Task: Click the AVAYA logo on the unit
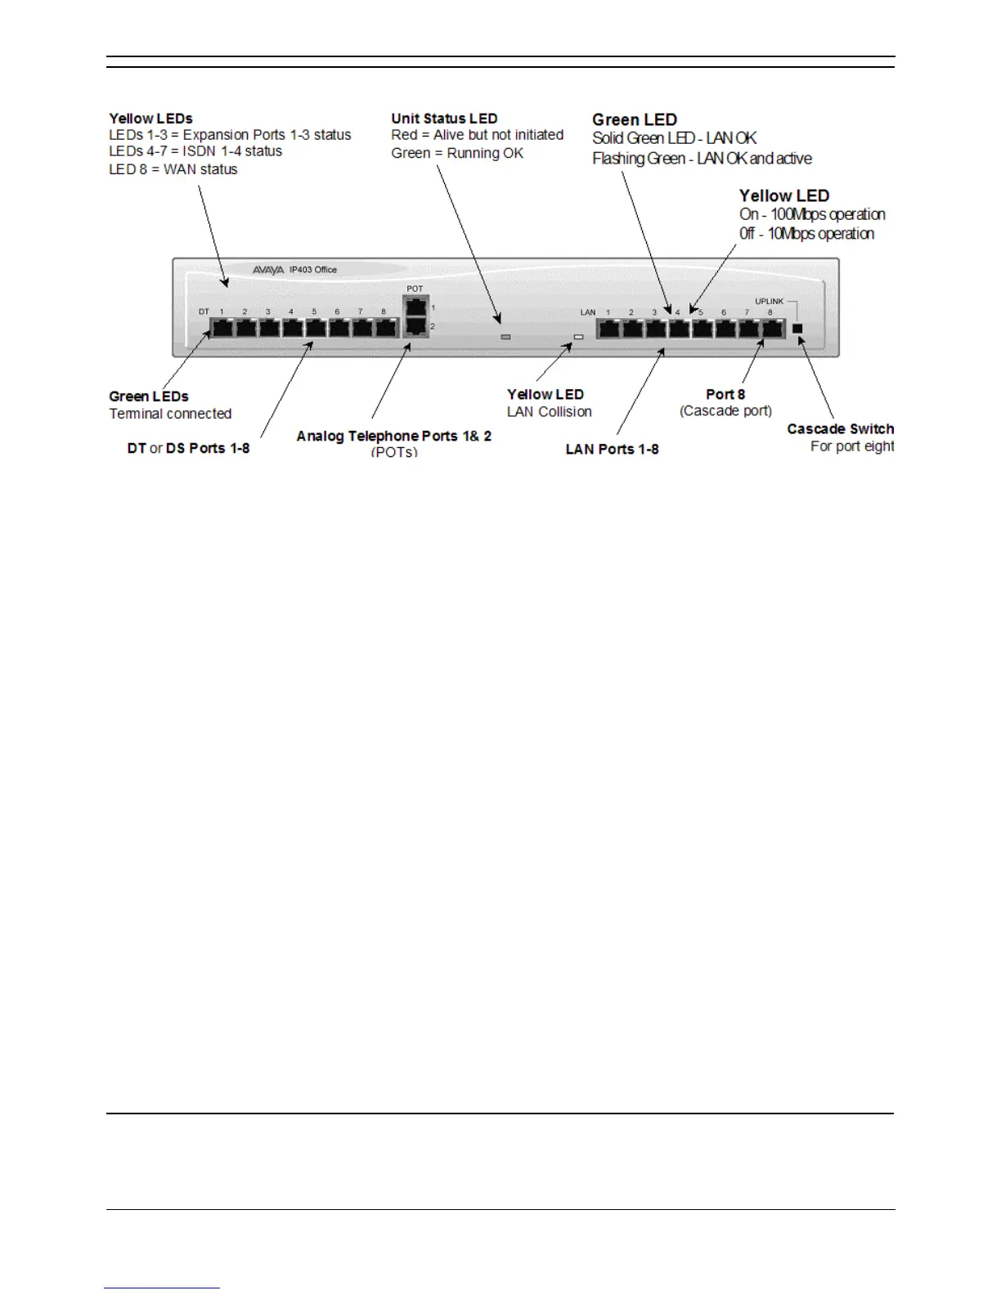click(x=268, y=270)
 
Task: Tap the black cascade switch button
click(x=799, y=329)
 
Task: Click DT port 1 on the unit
click(x=222, y=329)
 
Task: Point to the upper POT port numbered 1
click(x=416, y=307)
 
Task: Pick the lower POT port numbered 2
click(x=416, y=326)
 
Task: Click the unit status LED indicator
click(x=505, y=337)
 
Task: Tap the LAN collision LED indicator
click(x=578, y=337)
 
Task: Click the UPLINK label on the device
click(x=769, y=302)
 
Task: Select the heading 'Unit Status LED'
click(x=444, y=119)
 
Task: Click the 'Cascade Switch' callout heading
click(x=840, y=429)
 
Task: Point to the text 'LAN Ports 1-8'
click(x=612, y=449)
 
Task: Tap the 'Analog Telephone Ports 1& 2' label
click(x=393, y=436)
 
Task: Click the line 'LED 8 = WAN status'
click(x=173, y=169)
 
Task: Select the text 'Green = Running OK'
click(x=457, y=153)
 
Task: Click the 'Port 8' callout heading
click(x=725, y=394)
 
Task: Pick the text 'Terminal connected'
click(x=170, y=414)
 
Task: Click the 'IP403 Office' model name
click(x=313, y=270)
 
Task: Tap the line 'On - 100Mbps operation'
click(x=812, y=214)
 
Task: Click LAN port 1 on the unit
click(x=608, y=329)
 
